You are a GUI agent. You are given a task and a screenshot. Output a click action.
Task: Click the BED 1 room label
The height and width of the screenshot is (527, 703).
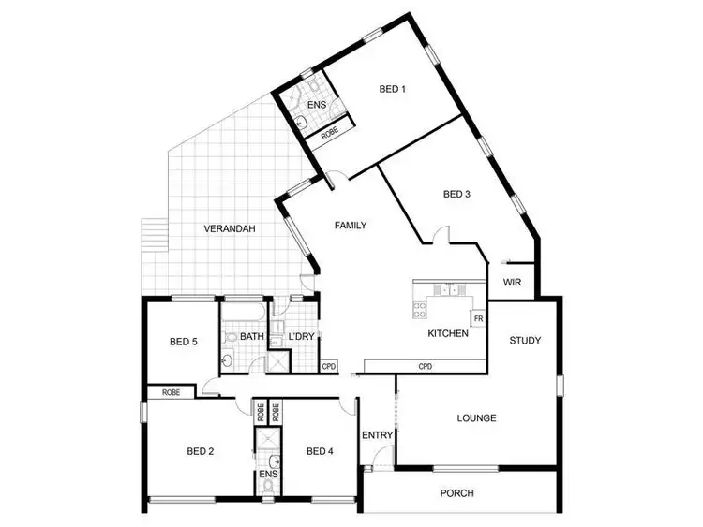[392, 90]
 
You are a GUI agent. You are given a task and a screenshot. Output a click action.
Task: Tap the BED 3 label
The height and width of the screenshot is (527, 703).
[456, 195]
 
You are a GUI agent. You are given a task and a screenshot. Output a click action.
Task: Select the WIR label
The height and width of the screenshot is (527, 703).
[512, 282]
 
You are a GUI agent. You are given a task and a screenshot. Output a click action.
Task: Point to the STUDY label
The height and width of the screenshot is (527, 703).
[525, 340]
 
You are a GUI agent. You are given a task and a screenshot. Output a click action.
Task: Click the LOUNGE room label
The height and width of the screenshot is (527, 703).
[476, 418]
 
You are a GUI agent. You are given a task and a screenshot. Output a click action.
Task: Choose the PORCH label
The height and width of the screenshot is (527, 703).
[456, 493]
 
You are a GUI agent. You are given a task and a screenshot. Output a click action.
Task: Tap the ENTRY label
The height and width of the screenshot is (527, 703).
[377, 435]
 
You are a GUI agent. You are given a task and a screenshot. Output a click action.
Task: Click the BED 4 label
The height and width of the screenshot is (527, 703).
[320, 451]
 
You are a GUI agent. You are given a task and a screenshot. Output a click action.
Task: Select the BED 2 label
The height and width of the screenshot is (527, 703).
[201, 451]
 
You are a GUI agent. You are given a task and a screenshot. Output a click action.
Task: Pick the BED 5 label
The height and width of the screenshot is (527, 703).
[183, 342]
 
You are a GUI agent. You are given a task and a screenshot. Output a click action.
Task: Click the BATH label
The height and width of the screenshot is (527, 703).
[251, 336]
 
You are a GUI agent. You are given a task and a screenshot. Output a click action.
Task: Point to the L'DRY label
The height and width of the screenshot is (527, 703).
[301, 336]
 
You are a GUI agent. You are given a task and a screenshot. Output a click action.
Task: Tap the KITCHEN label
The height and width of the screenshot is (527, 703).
[448, 333]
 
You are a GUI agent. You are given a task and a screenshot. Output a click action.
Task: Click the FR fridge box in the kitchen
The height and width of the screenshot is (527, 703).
[478, 318]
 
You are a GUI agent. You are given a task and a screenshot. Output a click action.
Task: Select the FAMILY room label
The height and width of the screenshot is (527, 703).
[350, 226]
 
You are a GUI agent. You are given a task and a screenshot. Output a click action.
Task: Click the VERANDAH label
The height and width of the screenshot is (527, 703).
[229, 228]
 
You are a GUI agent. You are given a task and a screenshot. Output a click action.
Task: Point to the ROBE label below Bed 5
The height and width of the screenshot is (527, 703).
[172, 393]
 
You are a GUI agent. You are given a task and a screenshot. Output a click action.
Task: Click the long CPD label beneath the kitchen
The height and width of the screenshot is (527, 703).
[425, 366]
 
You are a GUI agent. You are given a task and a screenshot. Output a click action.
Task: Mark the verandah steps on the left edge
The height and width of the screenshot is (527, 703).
[152, 242]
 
